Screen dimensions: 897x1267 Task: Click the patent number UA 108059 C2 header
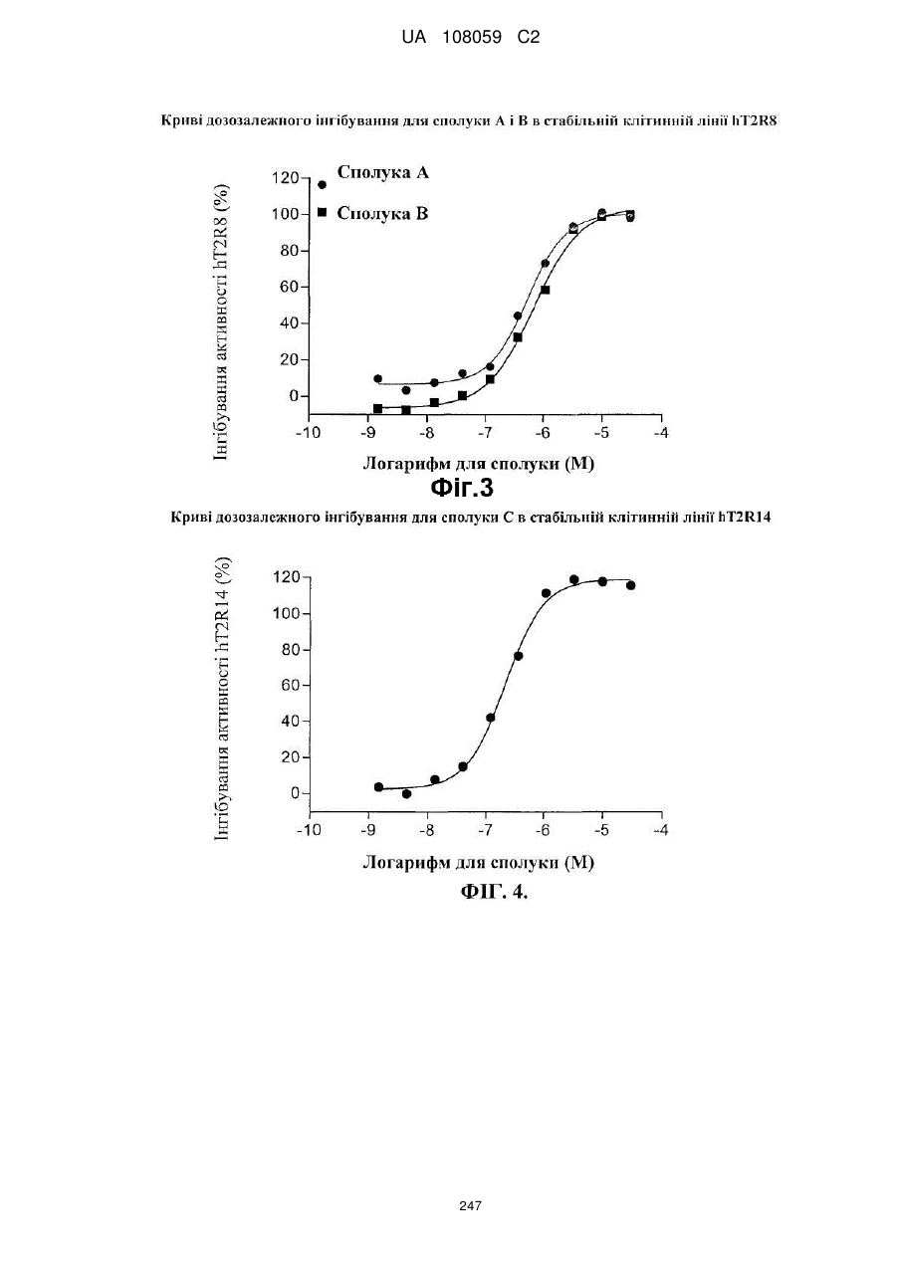coord(470,38)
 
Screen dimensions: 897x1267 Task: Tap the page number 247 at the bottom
coord(470,1206)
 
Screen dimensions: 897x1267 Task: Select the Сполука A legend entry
coord(373,173)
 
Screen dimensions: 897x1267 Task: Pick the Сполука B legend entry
coord(373,213)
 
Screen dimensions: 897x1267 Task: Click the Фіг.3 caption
coord(462,488)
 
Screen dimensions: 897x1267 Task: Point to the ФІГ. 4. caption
coord(494,892)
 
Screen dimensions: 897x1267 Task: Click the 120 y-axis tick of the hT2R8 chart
coord(285,178)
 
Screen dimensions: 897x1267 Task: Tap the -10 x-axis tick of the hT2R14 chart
coord(309,830)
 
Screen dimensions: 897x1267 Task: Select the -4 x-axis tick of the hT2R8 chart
coord(660,433)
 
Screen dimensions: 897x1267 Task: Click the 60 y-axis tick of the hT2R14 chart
coord(290,685)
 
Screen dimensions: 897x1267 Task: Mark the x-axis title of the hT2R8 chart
coord(478,464)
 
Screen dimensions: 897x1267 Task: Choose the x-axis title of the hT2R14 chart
coord(478,862)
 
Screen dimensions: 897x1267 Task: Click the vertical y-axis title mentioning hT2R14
coord(222,699)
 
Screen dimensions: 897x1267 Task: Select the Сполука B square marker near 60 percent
coord(545,290)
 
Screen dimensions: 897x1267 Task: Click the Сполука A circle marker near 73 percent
coord(545,263)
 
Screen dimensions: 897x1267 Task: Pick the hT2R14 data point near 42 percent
coord(491,718)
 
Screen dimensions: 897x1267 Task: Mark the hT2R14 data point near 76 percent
coord(518,656)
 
